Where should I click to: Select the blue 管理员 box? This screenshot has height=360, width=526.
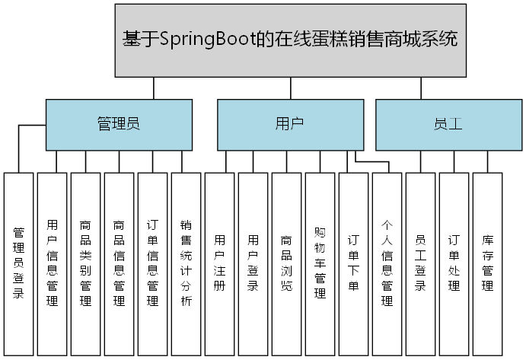coord(119,124)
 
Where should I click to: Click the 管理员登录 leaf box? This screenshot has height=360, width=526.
coord(19,263)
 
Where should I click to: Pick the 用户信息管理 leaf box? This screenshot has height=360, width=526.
coord(53,263)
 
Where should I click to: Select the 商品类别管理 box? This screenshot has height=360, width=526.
coord(86,263)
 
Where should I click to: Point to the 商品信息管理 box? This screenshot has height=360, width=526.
coord(120,263)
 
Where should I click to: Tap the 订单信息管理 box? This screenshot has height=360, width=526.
coord(153,263)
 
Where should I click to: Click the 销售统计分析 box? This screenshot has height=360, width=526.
coord(186,263)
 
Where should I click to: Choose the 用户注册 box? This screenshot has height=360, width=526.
coord(220,263)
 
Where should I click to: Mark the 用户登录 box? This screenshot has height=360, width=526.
coord(253,263)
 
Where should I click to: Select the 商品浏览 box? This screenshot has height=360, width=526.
coord(287,263)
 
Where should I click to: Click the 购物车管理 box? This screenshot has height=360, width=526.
coord(320,263)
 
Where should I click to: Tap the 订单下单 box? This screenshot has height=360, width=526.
coord(354,263)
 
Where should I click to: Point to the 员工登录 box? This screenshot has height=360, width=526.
coord(421,263)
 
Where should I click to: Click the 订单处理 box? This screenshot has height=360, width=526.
coord(454,263)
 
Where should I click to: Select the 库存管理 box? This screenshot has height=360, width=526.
coord(488,263)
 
